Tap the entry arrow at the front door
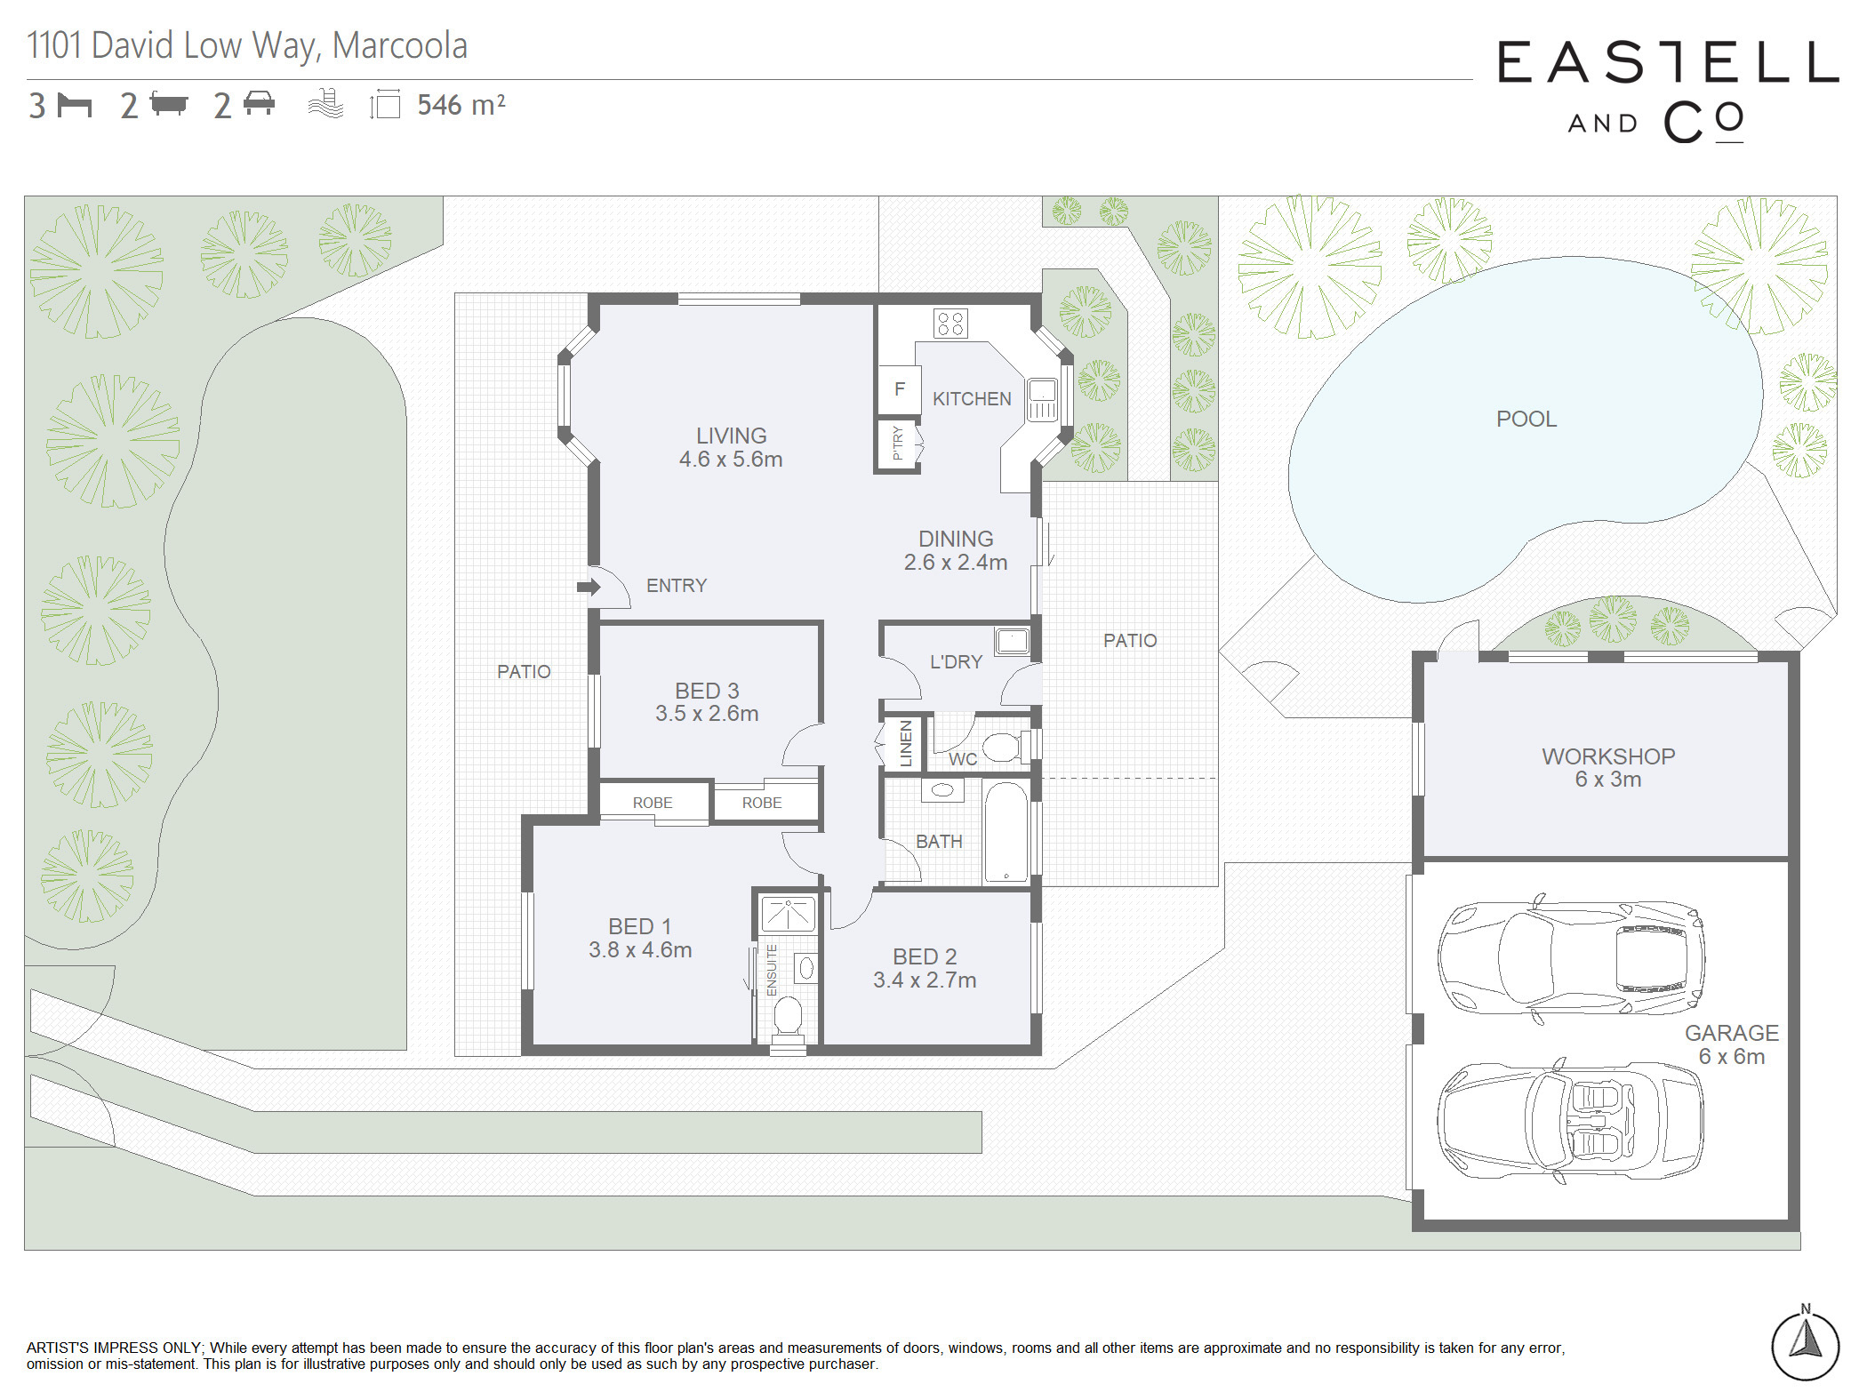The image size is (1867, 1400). [589, 587]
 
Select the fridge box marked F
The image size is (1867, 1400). [899, 389]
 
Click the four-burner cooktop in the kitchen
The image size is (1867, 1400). [950, 324]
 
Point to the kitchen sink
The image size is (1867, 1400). [1042, 399]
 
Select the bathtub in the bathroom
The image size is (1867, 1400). [1006, 833]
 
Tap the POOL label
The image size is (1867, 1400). [1526, 419]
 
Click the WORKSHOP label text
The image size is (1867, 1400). [1608, 756]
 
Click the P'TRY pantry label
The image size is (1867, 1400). [898, 443]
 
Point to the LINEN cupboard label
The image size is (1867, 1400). [906, 743]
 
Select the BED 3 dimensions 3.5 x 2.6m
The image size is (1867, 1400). [707, 714]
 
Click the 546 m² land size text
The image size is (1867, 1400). [461, 105]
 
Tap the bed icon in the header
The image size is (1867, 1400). [75, 105]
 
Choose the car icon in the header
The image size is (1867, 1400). [259, 103]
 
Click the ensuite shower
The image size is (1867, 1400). [788, 914]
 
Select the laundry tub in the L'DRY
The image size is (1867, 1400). [1012, 641]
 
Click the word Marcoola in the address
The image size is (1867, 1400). [399, 45]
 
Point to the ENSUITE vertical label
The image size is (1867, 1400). [772, 970]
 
